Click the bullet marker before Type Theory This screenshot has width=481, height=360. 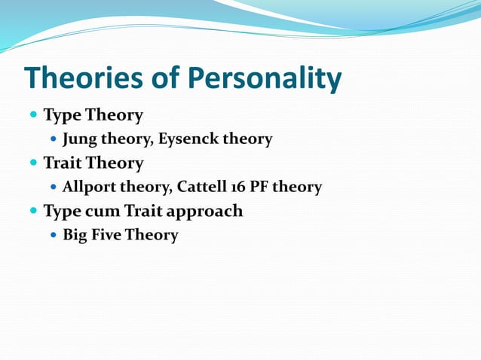[33, 116]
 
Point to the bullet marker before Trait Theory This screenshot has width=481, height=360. [33, 163]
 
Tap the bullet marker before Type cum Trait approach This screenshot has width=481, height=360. [33, 212]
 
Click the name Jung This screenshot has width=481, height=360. [80, 139]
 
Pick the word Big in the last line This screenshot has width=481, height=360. [74, 235]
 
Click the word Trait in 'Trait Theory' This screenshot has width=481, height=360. [62, 163]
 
